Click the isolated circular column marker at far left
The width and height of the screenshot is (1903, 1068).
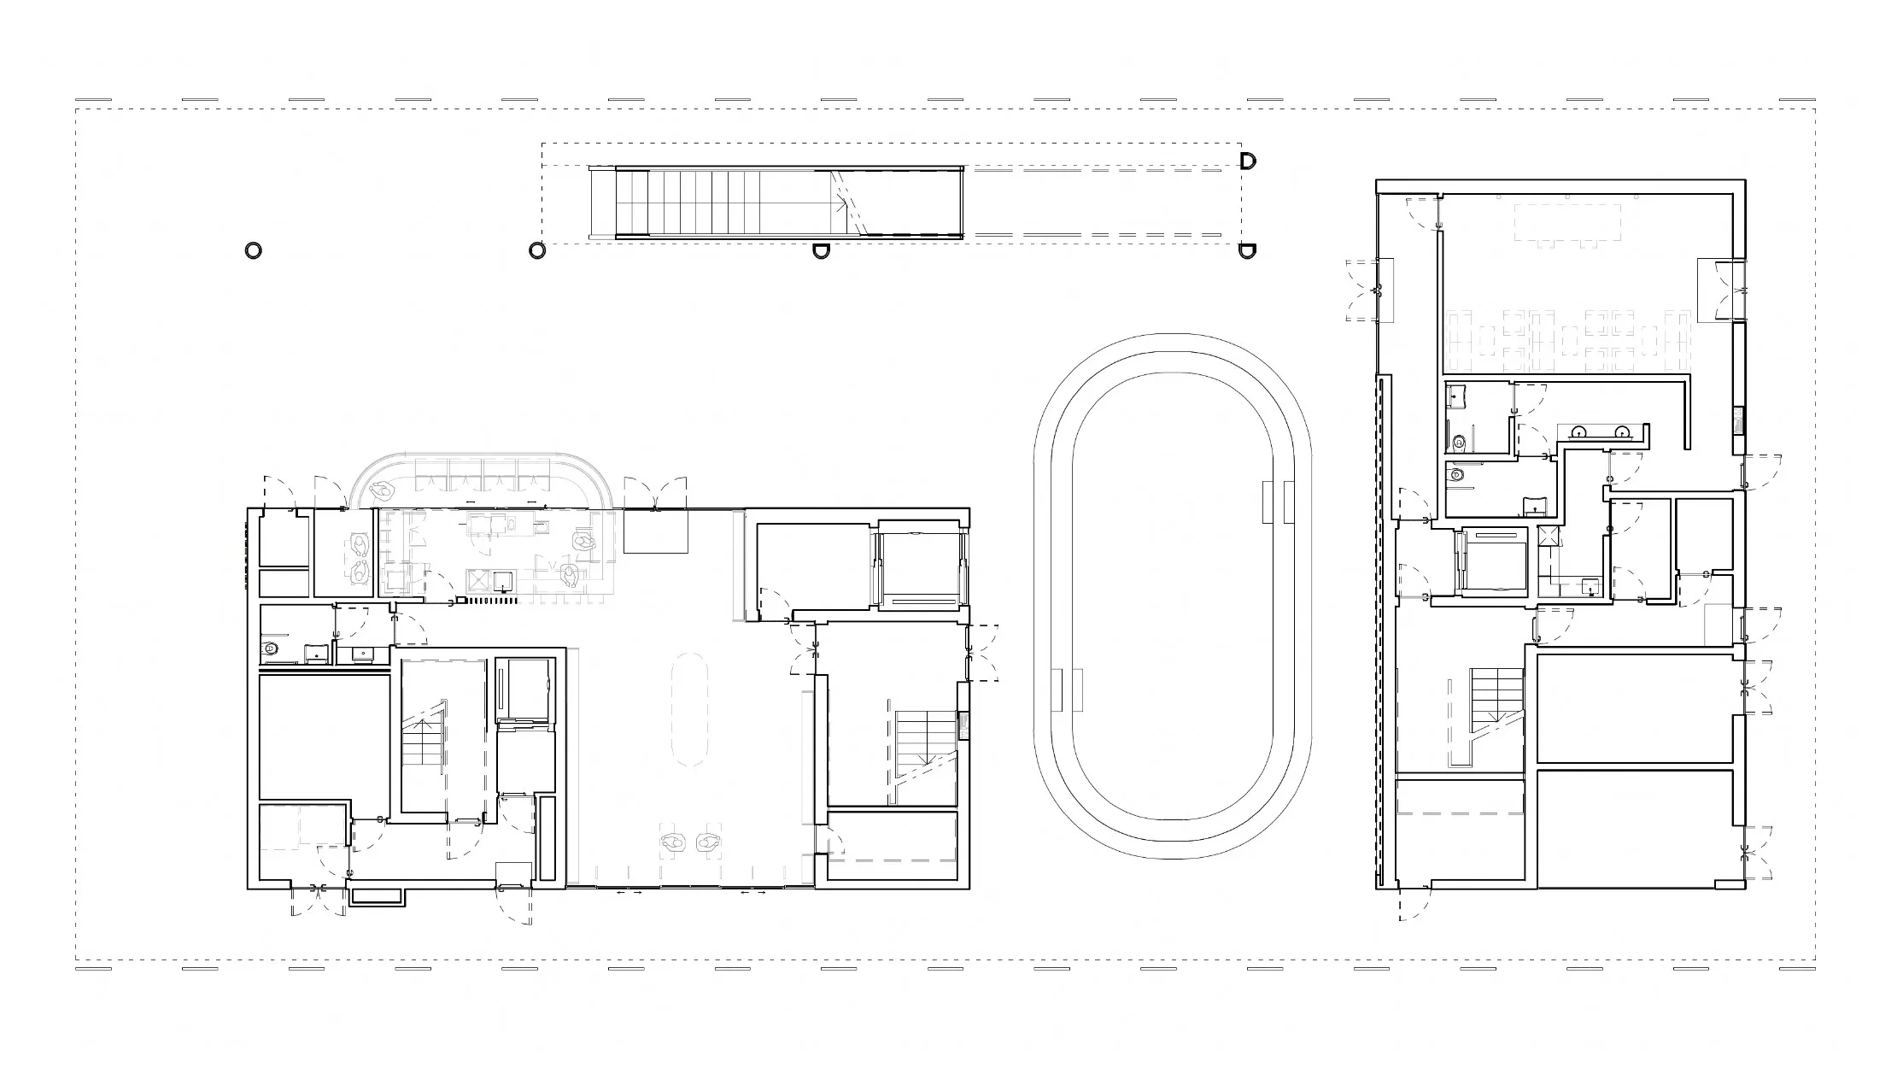pyautogui.click(x=253, y=250)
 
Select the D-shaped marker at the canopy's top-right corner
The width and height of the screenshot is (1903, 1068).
pyautogui.click(x=1248, y=161)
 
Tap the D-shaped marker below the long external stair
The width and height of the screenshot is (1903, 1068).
pyautogui.click(x=820, y=251)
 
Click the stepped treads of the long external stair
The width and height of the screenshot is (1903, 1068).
pyautogui.click(x=700, y=202)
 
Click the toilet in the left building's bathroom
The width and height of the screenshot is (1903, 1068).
pyautogui.click(x=271, y=648)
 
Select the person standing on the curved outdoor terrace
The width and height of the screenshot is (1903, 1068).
pyautogui.click(x=382, y=490)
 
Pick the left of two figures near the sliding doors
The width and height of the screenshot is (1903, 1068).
pyautogui.click(x=675, y=843)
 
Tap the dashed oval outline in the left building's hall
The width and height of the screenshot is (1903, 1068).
pyautogui.click(x=690, y=709)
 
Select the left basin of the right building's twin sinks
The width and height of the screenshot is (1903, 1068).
pyautogui.click(x=1580, y=432)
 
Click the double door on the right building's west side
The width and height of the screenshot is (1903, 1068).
pyautogui.click(x=1364, y=290)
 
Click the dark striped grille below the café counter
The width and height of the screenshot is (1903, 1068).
pyautogui.click(x=489, y=601)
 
